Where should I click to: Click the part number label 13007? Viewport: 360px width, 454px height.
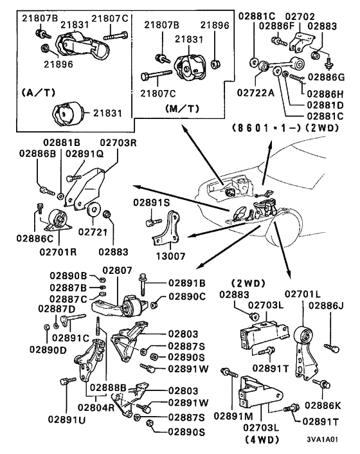[x=170, y=255]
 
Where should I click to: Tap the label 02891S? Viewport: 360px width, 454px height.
[x=151, y=202]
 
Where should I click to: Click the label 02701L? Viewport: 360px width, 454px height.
[x=303, y=294]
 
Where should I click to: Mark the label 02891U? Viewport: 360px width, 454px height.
[x=64, y=419]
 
